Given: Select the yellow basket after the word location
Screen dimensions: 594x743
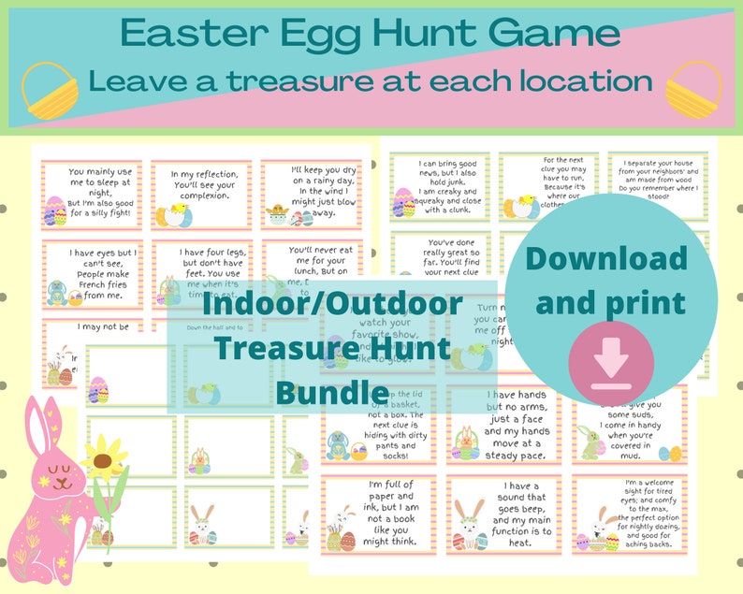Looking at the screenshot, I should coord(692,91).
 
